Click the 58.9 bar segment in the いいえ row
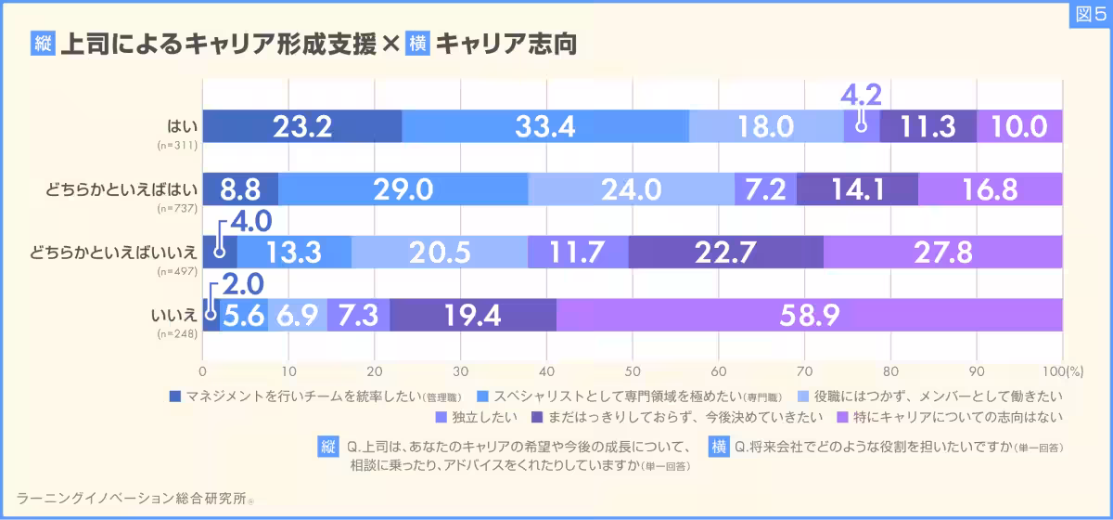click(x=810, y=315)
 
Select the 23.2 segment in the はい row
click(x=301, y=126)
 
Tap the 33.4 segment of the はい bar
click(x=545, y=126)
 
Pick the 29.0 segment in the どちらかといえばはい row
click(x=403, y=189)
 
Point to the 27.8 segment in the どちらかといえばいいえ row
click(x=942, y=252)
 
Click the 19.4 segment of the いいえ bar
click(x=473, y=315)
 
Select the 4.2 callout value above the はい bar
click(x=861, y=95)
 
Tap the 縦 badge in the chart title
click(x=43, y=44)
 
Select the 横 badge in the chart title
click(x=417, y=44)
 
